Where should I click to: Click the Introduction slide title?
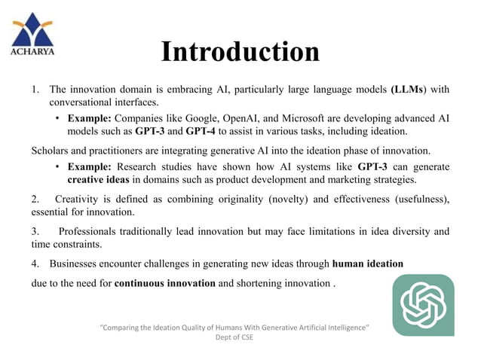click(x=240, y=52)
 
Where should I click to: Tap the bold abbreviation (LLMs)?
click(x=412, y=90)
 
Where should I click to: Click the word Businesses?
click(x=77, y=264)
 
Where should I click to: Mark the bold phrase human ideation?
click(x=367, y=264)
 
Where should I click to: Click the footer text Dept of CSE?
click(x=235, y=338)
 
